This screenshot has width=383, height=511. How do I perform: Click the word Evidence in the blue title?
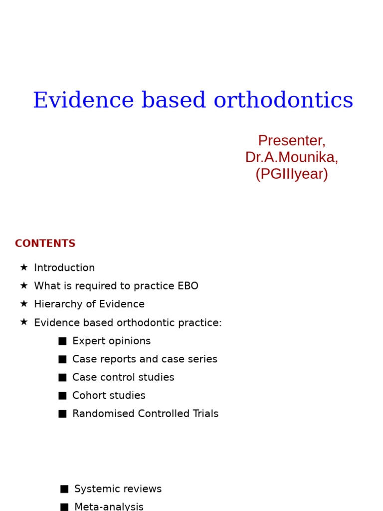click(x=83, y=101)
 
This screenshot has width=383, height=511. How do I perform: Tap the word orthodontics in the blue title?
click(x=283, y=101)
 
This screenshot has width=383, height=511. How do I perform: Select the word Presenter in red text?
click(x=291, y=141)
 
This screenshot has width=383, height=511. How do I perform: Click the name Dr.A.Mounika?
click(x=291, y=157)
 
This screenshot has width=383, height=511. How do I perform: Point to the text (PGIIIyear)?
click(x=291, y=174)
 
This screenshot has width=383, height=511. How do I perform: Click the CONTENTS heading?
click(x=45, y=244)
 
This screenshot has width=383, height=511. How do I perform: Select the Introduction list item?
click(x=64, y=268)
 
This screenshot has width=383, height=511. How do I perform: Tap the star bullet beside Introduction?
click(x=23, y=267)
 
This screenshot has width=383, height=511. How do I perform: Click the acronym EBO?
click(x=188, y=286)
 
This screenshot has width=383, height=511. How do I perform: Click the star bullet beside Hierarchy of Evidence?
click(x=23, y=304)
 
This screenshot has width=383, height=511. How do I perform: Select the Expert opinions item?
click(x=111, y=341)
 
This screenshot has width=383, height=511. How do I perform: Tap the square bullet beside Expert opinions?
click(x=62, y=341)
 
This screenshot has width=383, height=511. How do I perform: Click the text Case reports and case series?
click(x=145, y=359)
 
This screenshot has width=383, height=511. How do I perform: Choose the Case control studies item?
click(x=123, y=378)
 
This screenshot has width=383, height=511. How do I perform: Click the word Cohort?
click(x=88, y=396)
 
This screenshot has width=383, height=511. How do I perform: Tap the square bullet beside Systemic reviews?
click(x=64, y=489)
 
